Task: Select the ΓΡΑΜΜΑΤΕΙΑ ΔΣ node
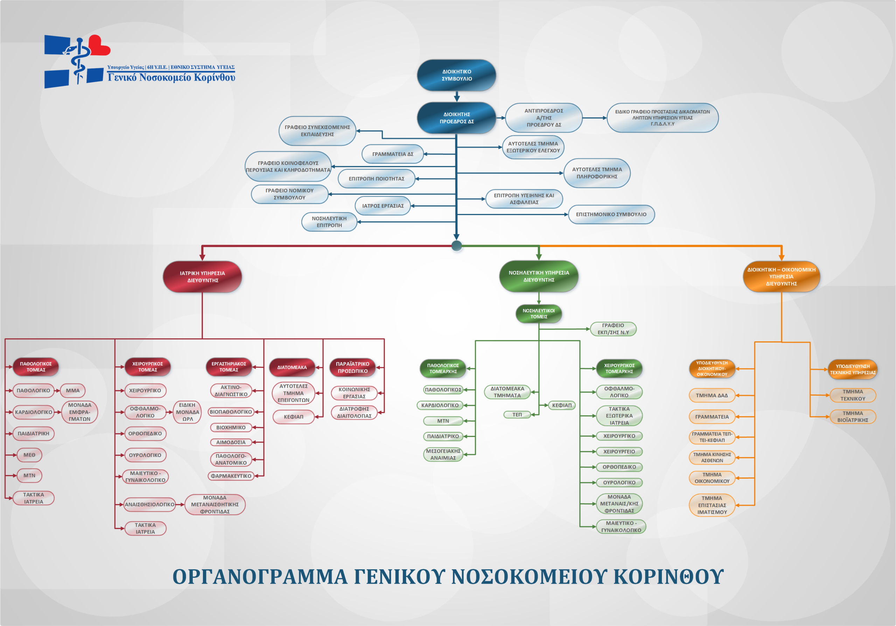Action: [x=392, y=154]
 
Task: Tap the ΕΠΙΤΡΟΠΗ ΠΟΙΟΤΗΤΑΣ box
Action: [x=376, y=179]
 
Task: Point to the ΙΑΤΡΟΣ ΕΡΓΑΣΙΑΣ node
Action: [x=383, y=206]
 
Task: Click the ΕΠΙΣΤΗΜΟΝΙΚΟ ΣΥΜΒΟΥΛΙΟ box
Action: [x=611, y=214]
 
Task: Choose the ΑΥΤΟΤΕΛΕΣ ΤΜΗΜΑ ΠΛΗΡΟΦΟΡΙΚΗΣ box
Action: [x=597, y=173]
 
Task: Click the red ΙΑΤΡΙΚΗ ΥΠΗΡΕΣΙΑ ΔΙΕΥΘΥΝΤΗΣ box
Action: [x=202, y=277]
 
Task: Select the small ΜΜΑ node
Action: [x=72, y=390]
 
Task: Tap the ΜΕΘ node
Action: [x=29, y=455]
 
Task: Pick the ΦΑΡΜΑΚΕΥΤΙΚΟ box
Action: [x=231, y=476]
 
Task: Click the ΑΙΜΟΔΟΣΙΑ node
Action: [x=231, y=442]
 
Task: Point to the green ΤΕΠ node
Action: [x=517, y=415]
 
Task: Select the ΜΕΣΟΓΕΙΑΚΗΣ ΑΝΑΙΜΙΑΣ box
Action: [x=443, y=454]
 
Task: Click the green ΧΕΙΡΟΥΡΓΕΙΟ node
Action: [x=619, y=452]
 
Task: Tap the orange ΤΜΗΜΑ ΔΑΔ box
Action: [x=712, y=395]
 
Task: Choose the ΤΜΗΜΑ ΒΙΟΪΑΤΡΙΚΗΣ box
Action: [x=852, y=416]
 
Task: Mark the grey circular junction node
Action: [x=456, y=246]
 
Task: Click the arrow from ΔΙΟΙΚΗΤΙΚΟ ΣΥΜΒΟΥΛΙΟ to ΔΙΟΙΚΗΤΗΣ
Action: [x=457, y=96]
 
